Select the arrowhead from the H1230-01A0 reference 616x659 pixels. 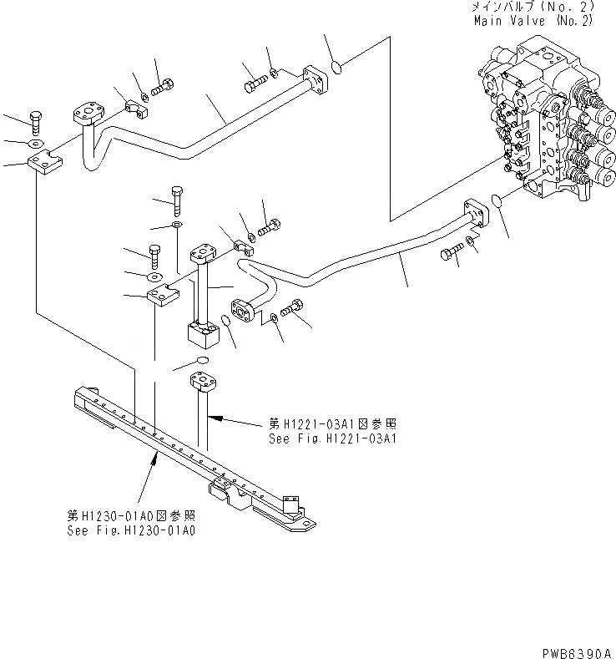(x=158, y=452)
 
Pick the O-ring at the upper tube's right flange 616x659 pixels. (x=332, y=67)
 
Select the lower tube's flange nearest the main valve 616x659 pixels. (x=474, y=212)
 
